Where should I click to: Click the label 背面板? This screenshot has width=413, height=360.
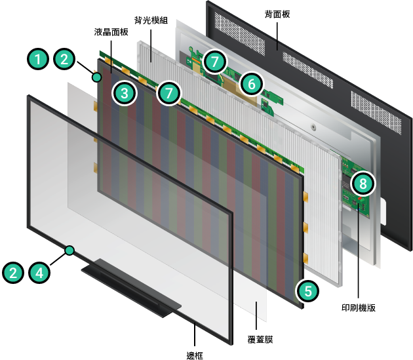[x=277, y=14]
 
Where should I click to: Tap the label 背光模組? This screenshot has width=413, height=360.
[x=151, y=20]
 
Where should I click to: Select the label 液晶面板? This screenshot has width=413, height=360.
[x=111, y=32]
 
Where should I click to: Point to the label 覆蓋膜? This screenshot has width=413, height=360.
[x=260, y=339]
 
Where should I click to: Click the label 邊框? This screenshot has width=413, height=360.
[x=195, y=355]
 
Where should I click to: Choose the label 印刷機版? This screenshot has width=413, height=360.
[x=359, y=308]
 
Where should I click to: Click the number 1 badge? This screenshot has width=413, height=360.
[x=38, y=59]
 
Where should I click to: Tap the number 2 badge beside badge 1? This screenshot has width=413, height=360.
[x=64, y=59]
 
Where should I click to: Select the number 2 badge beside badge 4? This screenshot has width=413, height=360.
[x=13, y=273]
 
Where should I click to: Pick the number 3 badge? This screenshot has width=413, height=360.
[x=125, y=93]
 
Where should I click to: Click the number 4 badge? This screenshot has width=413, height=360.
[x=39, y=273]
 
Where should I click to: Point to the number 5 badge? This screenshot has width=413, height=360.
[x=307, y=291]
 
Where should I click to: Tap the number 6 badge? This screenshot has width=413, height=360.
[x=252, y=84]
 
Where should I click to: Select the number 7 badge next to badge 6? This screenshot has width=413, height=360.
[x=215, y=62]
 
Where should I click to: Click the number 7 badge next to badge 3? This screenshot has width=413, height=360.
[x=169, y=93]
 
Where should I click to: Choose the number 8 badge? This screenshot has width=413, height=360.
[x=363, y=184]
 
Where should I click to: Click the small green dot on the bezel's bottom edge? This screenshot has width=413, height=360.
[x=69, y=250]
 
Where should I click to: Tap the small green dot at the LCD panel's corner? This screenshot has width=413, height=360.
[x=97, y=77]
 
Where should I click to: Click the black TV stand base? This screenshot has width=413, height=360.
[x=131, y=288]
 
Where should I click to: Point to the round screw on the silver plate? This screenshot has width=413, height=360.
[x=313, y=127]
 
